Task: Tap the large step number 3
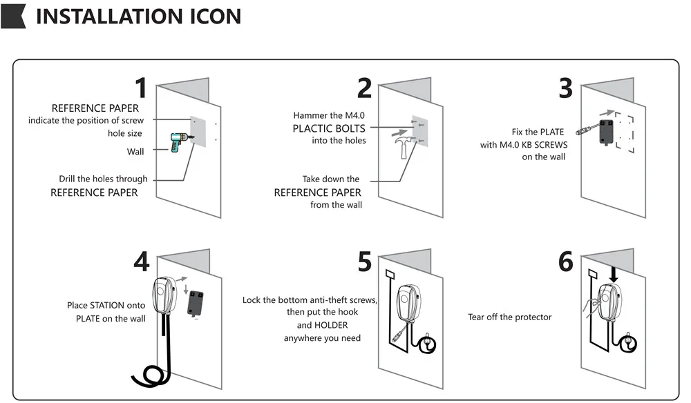click(565, 88)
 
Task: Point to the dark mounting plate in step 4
click(198, 302)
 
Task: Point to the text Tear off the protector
click(510, 317)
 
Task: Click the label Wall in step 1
click(135, 152)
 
